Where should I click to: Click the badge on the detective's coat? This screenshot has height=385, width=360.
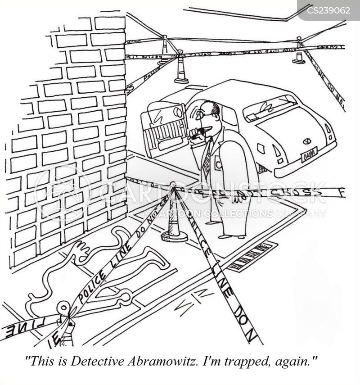pyautogui.click(x=218, y=165)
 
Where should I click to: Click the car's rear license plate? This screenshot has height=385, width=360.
pyautogui.click(x=309, y=154)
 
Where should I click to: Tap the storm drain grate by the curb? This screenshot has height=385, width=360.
pyautogui.click(x=251, y=256)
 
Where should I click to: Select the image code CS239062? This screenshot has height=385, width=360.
pyautogui.click(x=328, y=10)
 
